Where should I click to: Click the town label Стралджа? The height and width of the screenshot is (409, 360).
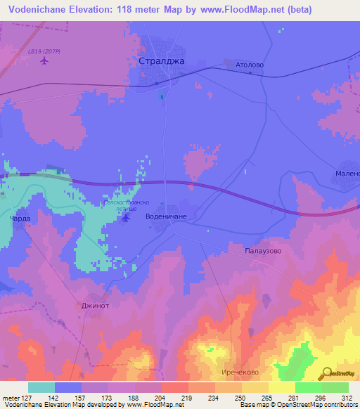pyautogui.click(x=162, y=61)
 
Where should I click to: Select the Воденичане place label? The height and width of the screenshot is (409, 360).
pyautogui.click(x=166, y=217)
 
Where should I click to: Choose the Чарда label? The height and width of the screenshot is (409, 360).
pyautogui.click(x=20, y=219)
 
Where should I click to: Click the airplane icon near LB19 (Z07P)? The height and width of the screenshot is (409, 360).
pyautogui.click(x=45, y=60)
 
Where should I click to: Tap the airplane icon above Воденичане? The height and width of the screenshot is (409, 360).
pyautogui.click(x=125, y=218)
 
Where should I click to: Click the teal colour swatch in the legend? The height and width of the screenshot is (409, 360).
pyautogui.click(x=41, y=387)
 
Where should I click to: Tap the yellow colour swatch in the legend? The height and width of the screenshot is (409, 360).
pyautogui.click(x=281, y=387)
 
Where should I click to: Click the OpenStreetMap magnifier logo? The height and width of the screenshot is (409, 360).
pyautogui.click(x=327, y=373)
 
